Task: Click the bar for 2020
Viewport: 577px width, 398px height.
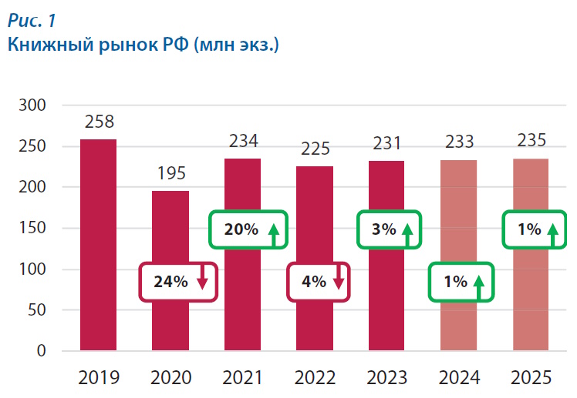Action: click(170, 231)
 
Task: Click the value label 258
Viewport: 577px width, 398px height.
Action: click(99, 122)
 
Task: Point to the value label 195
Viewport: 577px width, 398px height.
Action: click(170, 172)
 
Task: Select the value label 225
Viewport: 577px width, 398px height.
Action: click(315, 149)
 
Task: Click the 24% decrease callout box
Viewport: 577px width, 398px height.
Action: click(178, 281)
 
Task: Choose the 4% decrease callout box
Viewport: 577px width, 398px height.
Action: click(319, 281)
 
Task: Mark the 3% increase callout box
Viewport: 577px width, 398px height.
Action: click(390, 229)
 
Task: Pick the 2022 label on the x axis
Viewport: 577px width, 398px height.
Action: click(315, 377)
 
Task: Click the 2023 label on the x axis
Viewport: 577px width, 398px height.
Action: click(386, 377)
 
